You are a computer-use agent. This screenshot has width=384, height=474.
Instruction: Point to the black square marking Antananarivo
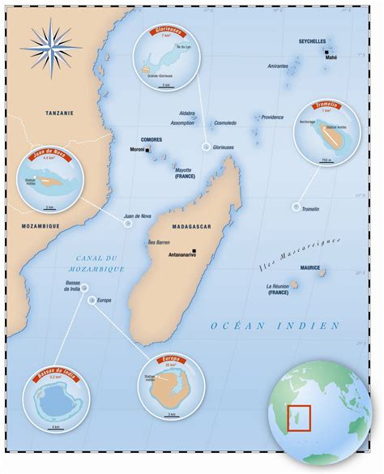tap(195, 250)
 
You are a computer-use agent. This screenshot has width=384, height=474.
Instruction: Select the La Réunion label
tap(278, 287)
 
